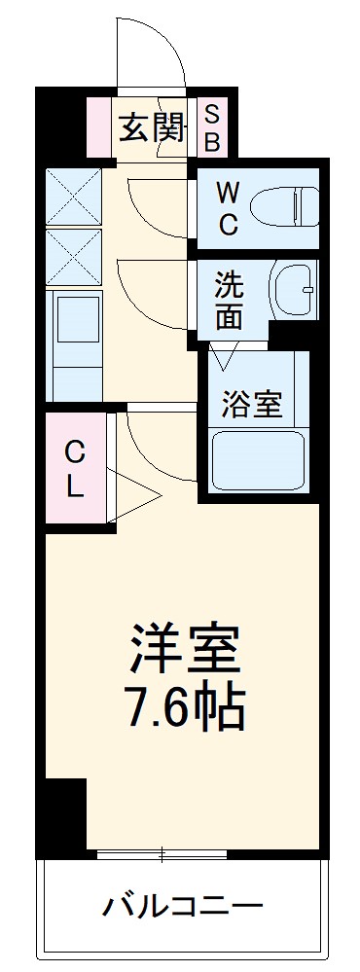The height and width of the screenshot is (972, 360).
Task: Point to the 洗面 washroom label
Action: click(230, 300)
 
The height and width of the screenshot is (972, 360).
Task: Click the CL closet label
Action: click(75, 469)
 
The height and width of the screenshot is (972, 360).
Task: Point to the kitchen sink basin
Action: click(77, 326)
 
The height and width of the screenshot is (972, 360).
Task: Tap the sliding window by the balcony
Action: click(162, 855)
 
